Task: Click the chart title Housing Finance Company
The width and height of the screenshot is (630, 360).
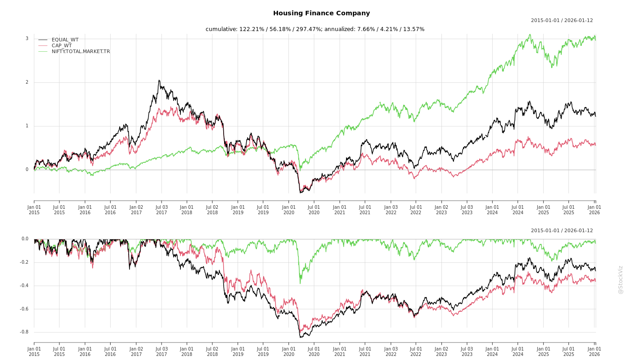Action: tap(321, 13)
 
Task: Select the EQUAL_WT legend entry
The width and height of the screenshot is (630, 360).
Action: tap(65, 40)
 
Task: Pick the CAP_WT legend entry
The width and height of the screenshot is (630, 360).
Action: tap(62, 45)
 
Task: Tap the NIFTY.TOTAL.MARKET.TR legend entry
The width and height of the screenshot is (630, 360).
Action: tap(81, 51)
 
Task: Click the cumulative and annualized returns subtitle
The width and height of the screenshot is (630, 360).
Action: tap(315, 29)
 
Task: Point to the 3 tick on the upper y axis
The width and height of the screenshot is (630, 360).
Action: tap(27, 39)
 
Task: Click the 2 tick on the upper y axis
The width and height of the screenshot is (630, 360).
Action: tap(27, 82)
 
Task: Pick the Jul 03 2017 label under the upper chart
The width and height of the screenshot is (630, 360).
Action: tap(161, 210)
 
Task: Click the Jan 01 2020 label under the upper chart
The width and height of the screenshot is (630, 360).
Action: tap(288, 210)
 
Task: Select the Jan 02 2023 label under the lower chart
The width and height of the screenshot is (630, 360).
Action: tap(441, 351)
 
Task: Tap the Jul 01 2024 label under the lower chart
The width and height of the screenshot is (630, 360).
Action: tap(518, 351)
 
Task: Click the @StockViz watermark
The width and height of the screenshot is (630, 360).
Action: tap(621, 279)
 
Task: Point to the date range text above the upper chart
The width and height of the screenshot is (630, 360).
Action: tap(562, 21)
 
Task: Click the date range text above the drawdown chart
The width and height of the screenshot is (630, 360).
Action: tap(562, 231)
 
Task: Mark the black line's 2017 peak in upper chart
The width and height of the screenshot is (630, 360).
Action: tap(159, 81)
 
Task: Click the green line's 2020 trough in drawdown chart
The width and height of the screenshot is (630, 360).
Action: tap(300, 283)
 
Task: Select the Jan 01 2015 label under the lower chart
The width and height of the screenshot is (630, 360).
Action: tap(34, 351)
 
